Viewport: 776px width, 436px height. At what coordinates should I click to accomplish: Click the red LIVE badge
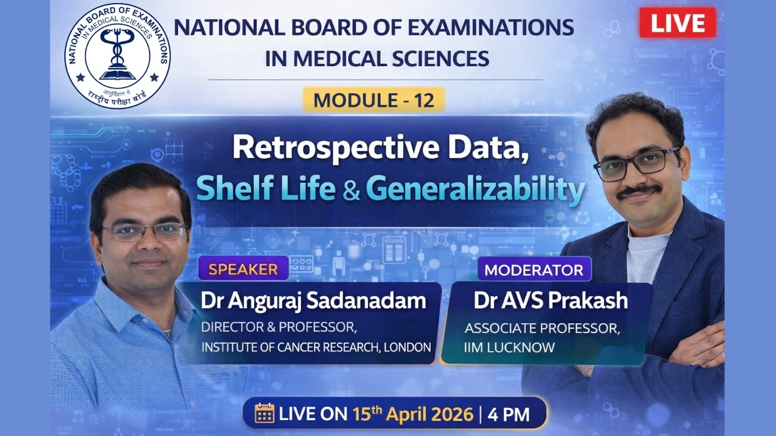tap(677, 23)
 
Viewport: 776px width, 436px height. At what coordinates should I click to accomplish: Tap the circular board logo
tap(118, 56)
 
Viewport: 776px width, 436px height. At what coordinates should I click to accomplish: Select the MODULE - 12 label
tap(374, 100)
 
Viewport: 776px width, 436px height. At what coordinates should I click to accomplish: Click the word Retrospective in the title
tap(321, 148)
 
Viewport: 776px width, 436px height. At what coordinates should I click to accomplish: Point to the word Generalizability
tap(475, 188)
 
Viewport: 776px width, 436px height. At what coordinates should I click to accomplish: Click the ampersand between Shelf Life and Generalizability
tap(350, 190)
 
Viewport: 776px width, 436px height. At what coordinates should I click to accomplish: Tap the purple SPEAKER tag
tap(243, 268)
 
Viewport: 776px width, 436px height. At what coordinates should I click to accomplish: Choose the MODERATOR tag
tap(533, 269)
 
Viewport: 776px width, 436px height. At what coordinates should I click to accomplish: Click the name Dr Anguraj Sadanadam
tap(313, 301)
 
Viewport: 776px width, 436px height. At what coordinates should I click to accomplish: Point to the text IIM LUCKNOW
tap(510, 348)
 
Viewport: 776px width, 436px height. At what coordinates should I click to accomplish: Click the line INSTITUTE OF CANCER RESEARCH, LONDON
tap(316, 348)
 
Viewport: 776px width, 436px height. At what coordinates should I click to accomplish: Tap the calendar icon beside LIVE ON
tap(264, 414)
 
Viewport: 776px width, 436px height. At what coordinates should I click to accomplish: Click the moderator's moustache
tap(638, 190)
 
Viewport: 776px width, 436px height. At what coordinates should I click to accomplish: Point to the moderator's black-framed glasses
tap(636, 162)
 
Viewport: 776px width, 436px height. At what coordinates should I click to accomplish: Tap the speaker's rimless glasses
tap(144, 231)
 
